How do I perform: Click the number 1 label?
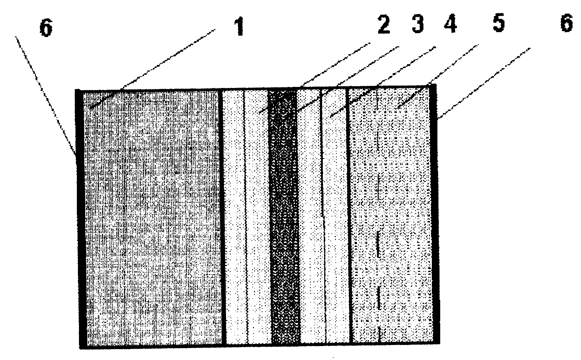tap(239, 26)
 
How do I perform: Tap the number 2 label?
tap(384, 25)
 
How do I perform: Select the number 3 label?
tap(418, 25)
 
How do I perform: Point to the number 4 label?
tap(450, 24)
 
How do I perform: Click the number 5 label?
tap(498, 23)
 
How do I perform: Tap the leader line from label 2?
tap(314, 79)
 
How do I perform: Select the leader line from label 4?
tap(383, 82)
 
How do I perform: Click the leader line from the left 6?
tap(46, 96)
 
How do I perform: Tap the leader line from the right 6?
tap(484, 83)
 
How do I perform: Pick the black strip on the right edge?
tap(435, 214)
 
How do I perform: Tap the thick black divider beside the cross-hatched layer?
tap(222, 217)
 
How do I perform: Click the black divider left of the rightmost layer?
tap(349, 215)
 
